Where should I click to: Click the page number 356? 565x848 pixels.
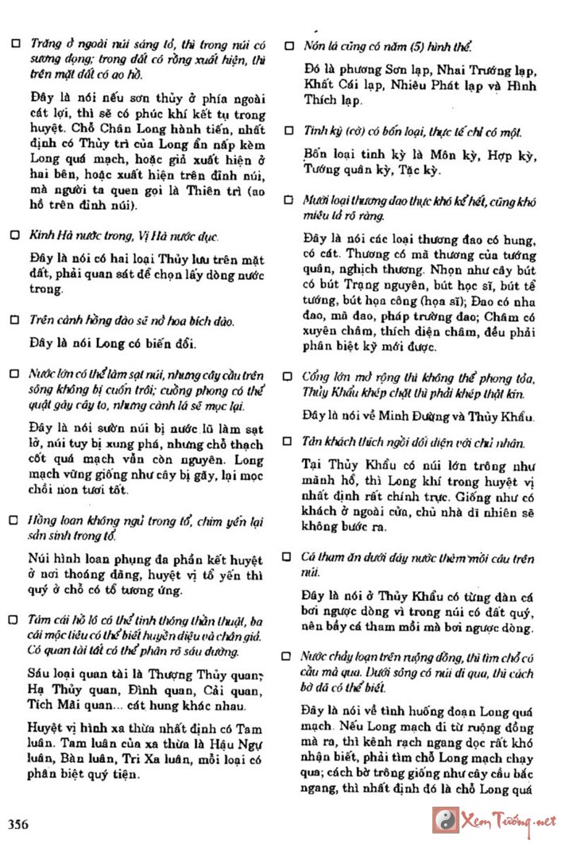18,824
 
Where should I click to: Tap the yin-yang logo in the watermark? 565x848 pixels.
443,819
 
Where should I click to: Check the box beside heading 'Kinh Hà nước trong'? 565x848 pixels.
14,236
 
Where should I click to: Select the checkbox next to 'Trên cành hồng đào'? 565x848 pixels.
14,320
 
